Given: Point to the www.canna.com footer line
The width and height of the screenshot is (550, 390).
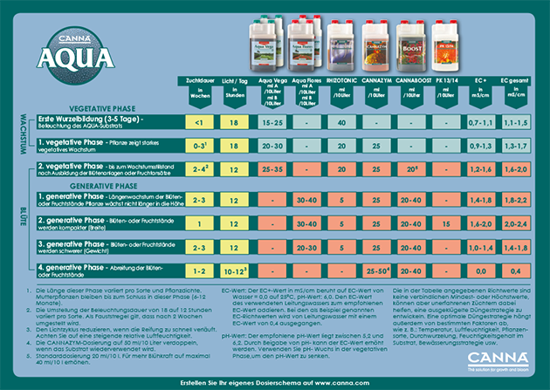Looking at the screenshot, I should click(274, 380).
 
